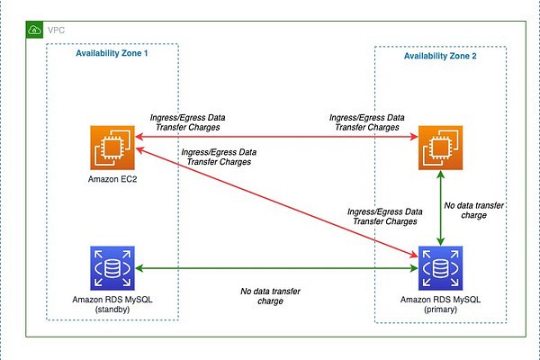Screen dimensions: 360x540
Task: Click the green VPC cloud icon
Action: click(x=35, y=29)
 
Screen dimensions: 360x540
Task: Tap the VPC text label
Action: click(x=56, y=29)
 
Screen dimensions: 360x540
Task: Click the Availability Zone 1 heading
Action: click(x=112, y=54)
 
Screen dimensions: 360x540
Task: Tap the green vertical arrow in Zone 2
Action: click(x=438, y=207)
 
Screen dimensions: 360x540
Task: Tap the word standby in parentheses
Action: click(x=112, y=311)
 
